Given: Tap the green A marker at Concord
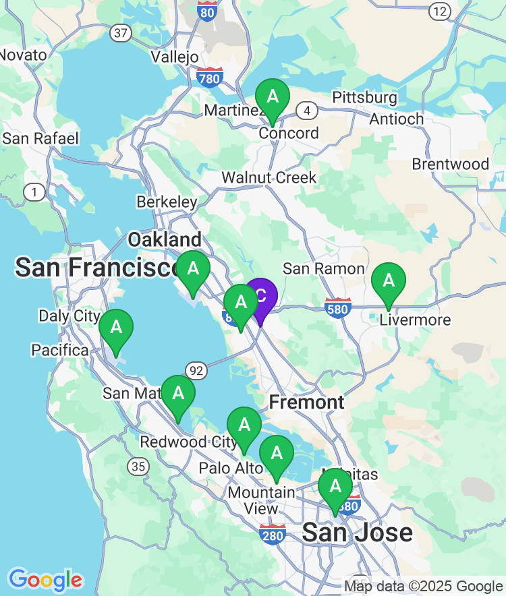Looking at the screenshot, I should pos(272,97).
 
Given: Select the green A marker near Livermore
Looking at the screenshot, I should pos(389,280).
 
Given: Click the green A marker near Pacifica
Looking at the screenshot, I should pos(116,328).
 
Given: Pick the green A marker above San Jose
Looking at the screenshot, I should pos(335,487).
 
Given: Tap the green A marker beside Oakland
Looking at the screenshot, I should pos(193,270).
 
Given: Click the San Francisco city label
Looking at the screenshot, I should pos(94,268).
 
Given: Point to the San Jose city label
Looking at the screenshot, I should pos(357,533).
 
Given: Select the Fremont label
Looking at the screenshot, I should pos(306,403).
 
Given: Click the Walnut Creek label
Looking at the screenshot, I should pos(269,178).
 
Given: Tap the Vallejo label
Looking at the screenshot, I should pos(175,57).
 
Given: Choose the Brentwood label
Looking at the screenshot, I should pos(450,165).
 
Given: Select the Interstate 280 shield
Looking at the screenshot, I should pos(272,534).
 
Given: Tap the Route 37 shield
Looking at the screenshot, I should pos(121,32).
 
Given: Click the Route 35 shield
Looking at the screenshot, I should pos(139,466).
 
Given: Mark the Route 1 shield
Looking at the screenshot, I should pos(33,193).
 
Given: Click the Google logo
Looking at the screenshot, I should pos(45,579).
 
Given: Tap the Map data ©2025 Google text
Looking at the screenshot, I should pos(424,587).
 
